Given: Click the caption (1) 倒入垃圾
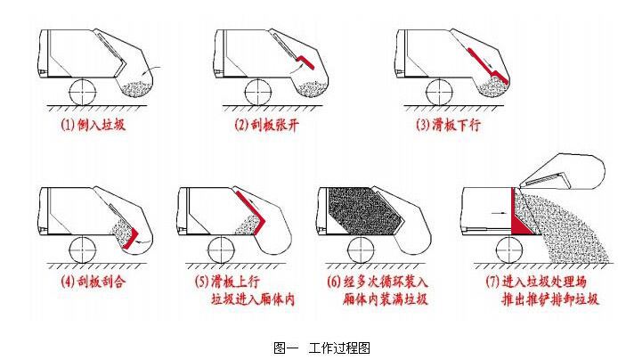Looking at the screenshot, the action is tap(94, 125).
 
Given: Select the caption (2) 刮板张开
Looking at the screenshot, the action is tap(267, 125).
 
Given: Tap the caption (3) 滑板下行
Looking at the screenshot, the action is tap(448, 125).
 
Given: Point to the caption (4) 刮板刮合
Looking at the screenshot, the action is tap(94, 282).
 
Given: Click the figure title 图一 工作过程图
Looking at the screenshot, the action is tap(321, 348).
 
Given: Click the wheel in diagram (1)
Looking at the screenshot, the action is tap(83, 92).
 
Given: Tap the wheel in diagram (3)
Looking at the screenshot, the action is tap(440, 93).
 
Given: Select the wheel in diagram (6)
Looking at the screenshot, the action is tap(361, 250).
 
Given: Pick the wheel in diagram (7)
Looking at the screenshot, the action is tap(509, 250).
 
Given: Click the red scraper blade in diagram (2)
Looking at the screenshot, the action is tap(305, 61).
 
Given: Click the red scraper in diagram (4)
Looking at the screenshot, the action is tap(132, 240).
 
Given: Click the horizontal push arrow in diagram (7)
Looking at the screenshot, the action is tap(499, 213).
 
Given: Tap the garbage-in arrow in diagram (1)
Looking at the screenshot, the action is tap(151, 70).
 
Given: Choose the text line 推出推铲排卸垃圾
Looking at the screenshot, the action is tap(549, 299).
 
